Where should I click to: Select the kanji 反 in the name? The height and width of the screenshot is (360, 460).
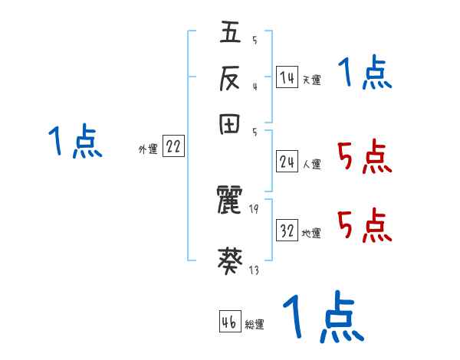point(231,79)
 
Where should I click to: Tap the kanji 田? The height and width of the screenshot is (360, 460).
point(231,125)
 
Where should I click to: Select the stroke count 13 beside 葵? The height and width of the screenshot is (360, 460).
point(254,270)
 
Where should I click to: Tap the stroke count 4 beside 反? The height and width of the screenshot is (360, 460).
point(254,87)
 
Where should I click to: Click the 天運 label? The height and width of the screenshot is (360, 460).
point(312,80)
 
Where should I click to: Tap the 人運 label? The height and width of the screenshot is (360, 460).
point(312,163)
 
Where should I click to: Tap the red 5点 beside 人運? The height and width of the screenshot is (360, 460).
point(365,157)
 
